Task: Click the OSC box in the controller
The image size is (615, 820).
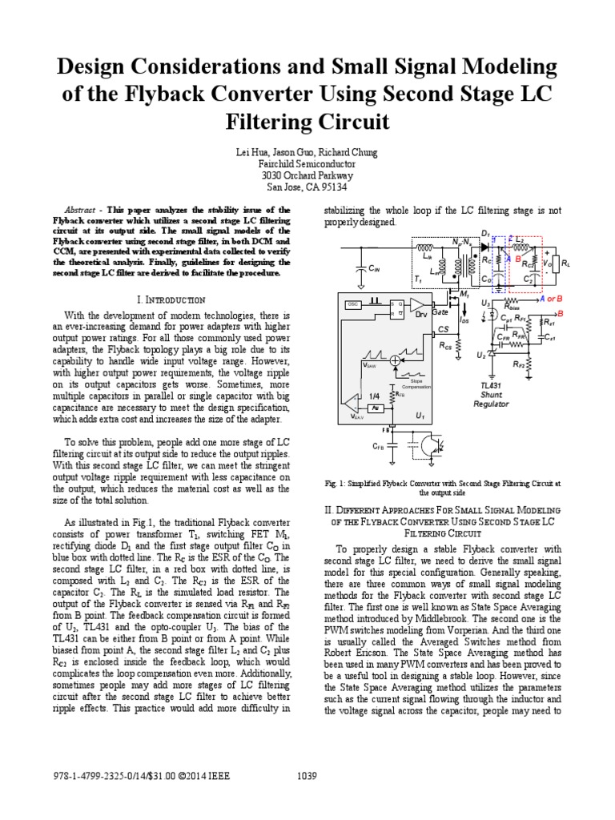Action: pyautogui.click(x=353, y=305)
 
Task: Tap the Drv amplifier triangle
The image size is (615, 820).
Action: pyautogui.click(x=417, y=305)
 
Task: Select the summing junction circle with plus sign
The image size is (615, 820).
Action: pyautogui.click(x=395, y=362)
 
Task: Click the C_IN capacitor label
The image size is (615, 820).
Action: pyautogui.click(x=373, y=270)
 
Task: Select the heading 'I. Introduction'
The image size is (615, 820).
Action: pyautogui.click(x=172, y=299)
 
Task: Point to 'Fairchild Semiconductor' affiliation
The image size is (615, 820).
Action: pyautogui.click(x=307, y=163)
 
